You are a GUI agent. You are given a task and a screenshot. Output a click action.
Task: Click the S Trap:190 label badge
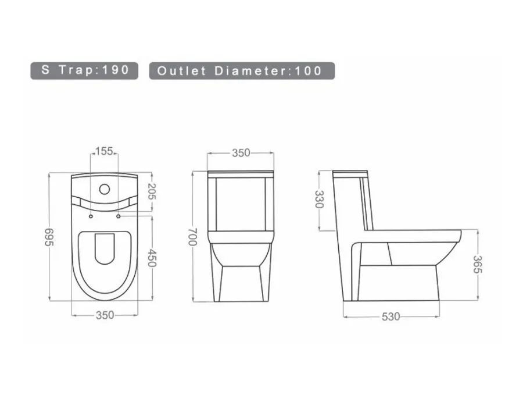pyautogui.click(x=84, y=70)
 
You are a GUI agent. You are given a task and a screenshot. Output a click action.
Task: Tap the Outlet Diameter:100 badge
pyautogui.click(x=242, y=70)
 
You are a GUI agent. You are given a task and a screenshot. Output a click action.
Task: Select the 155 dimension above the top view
pyautogui.click(x=104, y=151)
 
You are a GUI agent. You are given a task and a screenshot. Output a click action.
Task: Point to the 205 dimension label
pyautogui.click(x=152, y=191)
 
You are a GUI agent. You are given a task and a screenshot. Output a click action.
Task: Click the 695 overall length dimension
pyautogui.click(x=49, y=237)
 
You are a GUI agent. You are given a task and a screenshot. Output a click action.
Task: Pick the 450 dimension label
pyautogui.click(x=152, y=258)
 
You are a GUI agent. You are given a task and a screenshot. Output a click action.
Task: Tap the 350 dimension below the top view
pyautogui.click(x=105, y=315)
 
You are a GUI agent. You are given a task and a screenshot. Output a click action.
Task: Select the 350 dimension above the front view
pyautogui.click(x=241, y=153)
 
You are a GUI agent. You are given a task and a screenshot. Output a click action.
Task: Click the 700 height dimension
pyautogui.click(x=193, y=237)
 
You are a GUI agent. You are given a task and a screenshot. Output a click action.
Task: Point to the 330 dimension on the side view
pyautogui.click(x=320, y=200)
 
